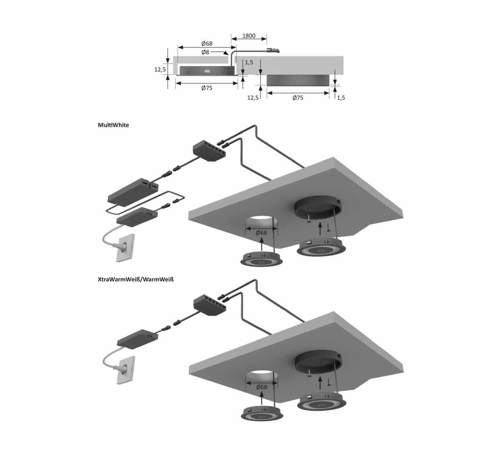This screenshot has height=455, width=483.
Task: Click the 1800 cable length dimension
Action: coord(249,36)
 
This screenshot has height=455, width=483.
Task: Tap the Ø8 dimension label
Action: coord(205,52)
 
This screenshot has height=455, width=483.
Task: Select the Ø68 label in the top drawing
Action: coord(207,43)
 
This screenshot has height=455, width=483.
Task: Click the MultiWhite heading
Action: coord(114,125)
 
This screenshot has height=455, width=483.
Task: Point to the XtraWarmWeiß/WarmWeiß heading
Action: coord(136,279)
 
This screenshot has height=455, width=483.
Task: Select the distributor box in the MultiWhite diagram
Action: coord(208,152)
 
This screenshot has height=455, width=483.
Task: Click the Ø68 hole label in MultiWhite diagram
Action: coord(262,233)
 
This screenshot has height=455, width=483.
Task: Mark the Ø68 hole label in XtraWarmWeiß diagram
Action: coord(262,387)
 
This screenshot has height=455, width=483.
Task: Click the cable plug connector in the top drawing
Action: coord(273,51)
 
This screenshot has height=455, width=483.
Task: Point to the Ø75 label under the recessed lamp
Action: coord(207,88)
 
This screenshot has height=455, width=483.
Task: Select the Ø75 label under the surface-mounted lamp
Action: coord(298,97)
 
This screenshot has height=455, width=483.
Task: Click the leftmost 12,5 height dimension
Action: coord(160,69)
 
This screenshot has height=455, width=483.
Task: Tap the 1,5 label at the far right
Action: coord(341,97)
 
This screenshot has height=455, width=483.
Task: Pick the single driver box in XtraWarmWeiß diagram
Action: coord(136,338)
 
